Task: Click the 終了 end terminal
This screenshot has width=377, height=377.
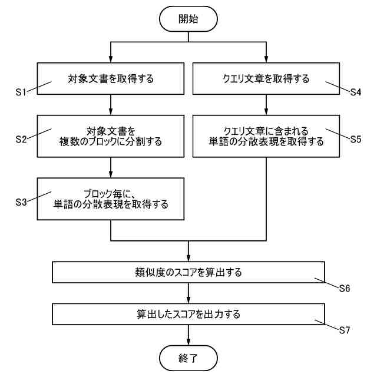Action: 188,357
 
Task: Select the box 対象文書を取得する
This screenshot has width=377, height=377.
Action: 111,79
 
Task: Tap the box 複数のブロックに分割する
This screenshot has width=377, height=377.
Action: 111,136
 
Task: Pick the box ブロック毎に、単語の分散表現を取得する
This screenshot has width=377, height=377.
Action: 111,199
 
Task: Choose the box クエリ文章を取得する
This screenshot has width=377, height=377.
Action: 267,79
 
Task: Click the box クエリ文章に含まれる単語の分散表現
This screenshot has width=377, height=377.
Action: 267,136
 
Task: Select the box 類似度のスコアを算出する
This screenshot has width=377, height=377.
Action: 188,273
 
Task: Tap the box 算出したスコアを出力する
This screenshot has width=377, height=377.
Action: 188,314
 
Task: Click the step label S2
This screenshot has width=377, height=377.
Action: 21,140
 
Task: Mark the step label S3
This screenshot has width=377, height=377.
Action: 21,201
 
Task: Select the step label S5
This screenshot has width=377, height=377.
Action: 355,140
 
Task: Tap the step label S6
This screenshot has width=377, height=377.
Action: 345,288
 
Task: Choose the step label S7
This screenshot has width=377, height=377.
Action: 345,330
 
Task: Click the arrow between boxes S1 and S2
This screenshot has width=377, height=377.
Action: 111,104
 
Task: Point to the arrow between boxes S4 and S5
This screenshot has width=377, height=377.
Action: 267,104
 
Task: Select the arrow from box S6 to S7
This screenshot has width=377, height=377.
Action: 188,293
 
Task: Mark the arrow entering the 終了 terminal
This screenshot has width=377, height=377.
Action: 188,335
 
